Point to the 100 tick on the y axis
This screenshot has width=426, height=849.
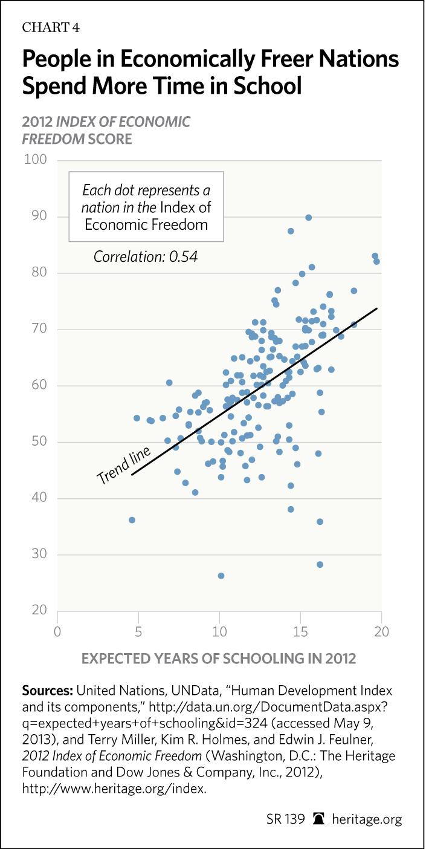pos(35,160)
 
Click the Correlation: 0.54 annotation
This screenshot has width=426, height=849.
pos(146,257)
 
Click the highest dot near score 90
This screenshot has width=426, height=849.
pos(308,218)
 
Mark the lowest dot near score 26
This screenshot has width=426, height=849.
pos(221,576)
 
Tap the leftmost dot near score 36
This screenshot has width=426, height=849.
pos(132,520)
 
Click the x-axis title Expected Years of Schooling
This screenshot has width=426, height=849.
pos(218,659)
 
